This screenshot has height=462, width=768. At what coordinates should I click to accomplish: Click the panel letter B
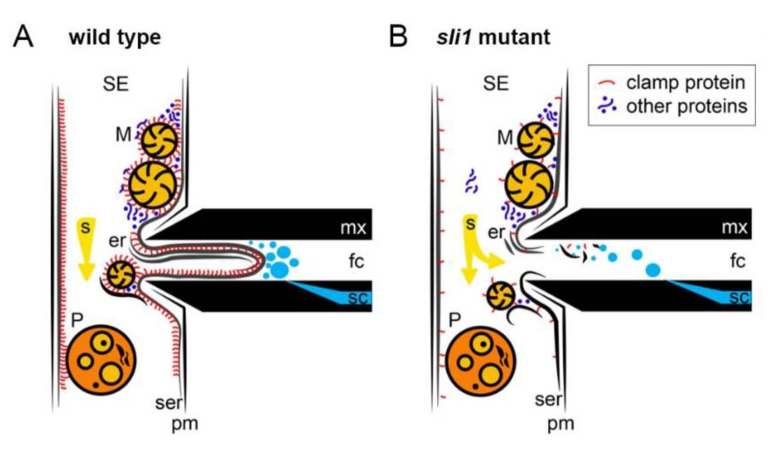(399, 37)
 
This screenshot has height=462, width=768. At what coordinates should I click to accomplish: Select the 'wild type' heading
(114, 38)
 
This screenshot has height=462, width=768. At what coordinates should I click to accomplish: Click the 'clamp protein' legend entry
(687, 82)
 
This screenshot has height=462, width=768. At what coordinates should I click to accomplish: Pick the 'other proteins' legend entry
(687, 107)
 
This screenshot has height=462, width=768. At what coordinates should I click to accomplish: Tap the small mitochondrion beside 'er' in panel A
(122, 274)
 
